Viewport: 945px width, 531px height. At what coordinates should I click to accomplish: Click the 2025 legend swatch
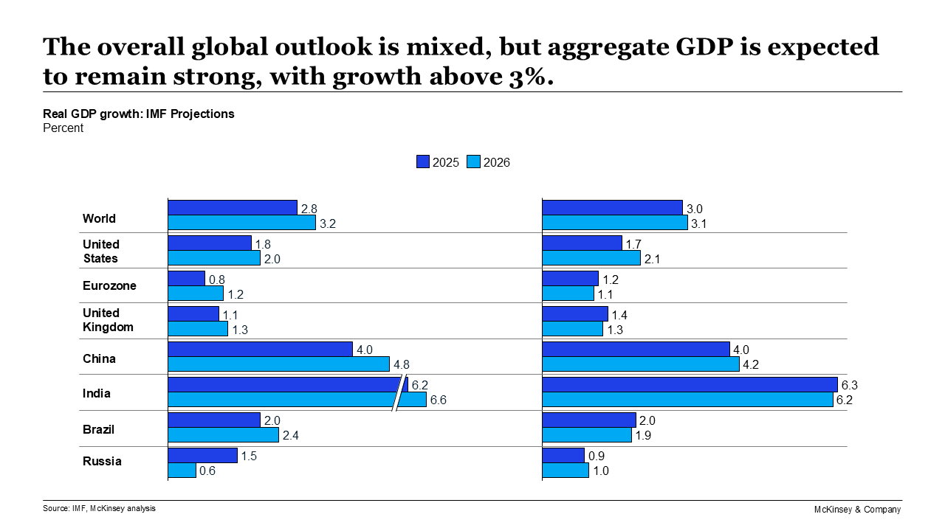click(423, 162)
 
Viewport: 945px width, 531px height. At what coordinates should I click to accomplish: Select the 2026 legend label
click(496, 162)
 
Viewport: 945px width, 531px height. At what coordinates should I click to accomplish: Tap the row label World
click(99, 218)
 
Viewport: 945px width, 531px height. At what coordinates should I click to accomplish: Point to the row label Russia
click(102, 461)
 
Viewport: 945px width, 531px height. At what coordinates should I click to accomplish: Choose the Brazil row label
click(98, 429)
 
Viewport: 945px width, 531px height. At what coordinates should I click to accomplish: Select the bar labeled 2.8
click(233, 208)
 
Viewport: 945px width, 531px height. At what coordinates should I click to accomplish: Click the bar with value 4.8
click(278, 364)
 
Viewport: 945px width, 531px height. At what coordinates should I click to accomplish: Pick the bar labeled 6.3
click(690, 385)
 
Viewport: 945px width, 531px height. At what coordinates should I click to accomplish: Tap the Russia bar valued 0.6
click(182, 471)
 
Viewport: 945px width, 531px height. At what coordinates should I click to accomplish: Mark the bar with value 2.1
click(591, 258)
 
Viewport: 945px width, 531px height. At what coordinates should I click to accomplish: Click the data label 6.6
click(439, 400)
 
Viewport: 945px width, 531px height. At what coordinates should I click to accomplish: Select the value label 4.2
click(752, 365)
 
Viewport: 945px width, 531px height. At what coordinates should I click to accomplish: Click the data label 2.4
click(291, 436)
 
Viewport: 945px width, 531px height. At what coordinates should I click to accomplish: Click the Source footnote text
click(99, 508)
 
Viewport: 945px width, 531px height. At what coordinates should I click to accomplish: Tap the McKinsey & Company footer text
click(857, 510)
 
